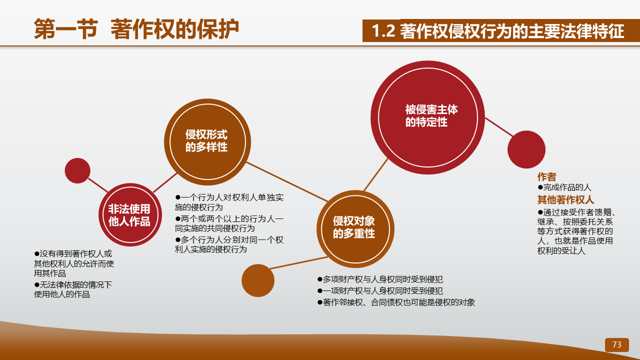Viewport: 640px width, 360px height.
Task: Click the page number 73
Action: [616, 344]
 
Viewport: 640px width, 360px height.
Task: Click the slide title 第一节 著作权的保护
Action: [136, 29]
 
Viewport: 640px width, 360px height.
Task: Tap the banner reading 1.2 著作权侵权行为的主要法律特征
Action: [501, 30]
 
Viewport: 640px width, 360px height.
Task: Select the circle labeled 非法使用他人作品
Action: [130, 215]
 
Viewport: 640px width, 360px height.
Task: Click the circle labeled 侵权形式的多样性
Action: [207, 142]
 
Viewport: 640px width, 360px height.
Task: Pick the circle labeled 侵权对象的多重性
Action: [355, 229]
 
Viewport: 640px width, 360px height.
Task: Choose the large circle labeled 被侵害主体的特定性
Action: [427, 117]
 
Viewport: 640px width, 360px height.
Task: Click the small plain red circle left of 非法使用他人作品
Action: [77, 170]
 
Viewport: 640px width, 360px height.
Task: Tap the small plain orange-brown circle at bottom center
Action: [258, 280]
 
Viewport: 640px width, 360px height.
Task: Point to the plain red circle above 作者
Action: [526, 149]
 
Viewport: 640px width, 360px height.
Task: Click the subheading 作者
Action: [546, 177]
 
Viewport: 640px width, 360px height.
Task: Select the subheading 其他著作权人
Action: [565, 199]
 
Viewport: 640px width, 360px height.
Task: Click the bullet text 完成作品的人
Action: [564, 187]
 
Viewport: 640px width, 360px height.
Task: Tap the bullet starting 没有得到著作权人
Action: [74, 263]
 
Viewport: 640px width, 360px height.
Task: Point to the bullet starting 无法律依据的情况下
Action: [73, 289]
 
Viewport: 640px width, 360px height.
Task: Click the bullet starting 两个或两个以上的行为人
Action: [229, 223]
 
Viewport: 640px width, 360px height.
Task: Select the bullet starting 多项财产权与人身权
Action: [380, 279]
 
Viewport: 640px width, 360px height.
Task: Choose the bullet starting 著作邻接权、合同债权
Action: [396, 302]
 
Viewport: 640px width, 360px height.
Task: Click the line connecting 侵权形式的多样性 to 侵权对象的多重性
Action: [287, 182]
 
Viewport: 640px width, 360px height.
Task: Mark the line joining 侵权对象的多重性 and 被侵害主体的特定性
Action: [375, 174]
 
